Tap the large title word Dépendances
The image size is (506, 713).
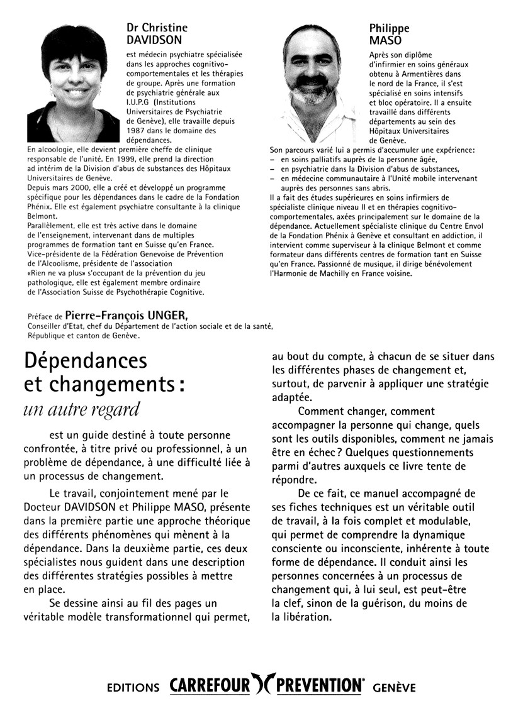(x=85, y=361)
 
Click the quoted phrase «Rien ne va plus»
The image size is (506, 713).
(x=60, y=274)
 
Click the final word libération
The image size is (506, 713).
(x=301, y=617)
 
